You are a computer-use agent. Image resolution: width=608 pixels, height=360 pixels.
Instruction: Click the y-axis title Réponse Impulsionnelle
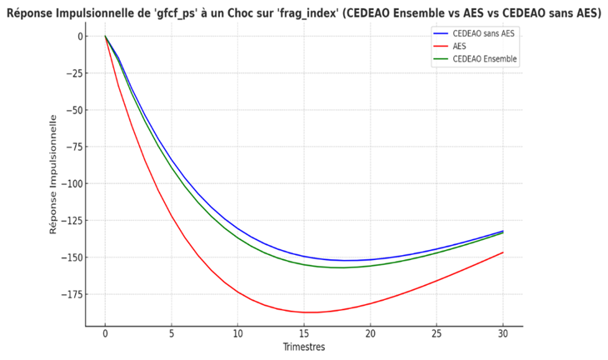[x=53, y=174]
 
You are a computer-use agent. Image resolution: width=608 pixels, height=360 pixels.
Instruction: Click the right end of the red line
[x=503, y=252]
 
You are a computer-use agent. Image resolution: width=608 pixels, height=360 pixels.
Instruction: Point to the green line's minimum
[x=341, y=267]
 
